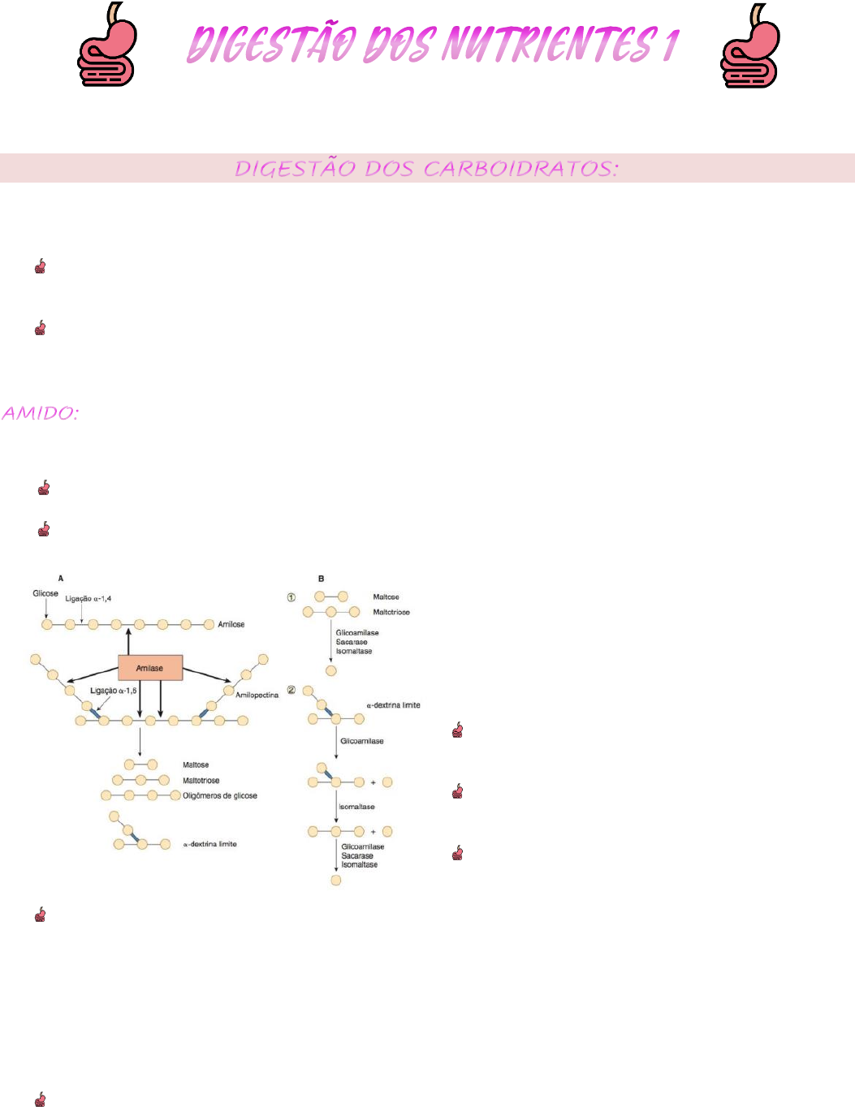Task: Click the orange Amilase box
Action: [x=150, y=668]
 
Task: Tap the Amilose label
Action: [x=231, y=624]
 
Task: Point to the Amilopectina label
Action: [x=257, y=695]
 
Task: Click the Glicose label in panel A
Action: [x=45, y=593]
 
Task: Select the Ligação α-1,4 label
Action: [x=89, y=599]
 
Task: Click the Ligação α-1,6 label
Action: [x=113, y=691]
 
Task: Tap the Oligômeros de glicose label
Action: [x=220, y=795]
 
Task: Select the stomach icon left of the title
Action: [x=107, y=45]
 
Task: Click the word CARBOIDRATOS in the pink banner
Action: [x=520, y=169]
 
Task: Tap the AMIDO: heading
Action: [x=40, y=413]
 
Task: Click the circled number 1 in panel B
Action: [x=291, y=597]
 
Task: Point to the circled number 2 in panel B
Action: [x=291, y=690]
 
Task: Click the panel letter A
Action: [x=61, y=579]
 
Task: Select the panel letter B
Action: [x=322, y=579]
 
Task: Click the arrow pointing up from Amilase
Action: [x=128, y=641]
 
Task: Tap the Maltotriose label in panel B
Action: [x=391, y=612]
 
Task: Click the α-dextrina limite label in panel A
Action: [x=209, y=844]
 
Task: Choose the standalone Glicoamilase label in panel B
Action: [x=362, y=741]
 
